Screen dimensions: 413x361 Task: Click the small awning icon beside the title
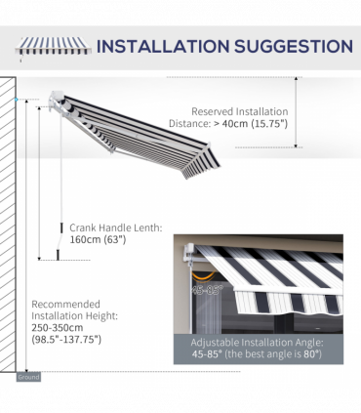coord(53,46)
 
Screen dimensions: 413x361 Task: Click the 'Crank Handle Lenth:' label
coord(115,227)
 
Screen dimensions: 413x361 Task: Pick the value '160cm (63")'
coord(98,240)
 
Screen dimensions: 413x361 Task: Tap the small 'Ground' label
coord(27,376)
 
